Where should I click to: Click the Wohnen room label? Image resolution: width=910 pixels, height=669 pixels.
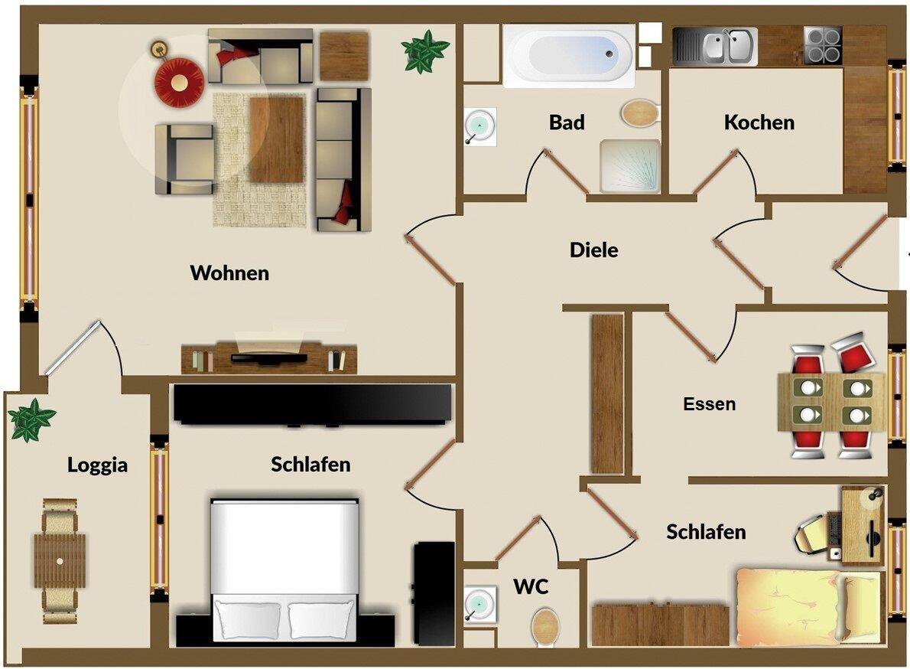(229, 273)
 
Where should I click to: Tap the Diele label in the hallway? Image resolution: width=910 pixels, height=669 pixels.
(593, 250)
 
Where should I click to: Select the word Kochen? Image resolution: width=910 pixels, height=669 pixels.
(759, 122)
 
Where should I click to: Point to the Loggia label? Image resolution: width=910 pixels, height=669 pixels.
(97, 465)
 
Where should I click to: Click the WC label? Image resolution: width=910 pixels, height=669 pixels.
(531, 587)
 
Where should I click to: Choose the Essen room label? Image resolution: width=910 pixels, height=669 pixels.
(709, 404)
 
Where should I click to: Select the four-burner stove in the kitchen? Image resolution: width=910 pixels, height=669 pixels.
(823, 45)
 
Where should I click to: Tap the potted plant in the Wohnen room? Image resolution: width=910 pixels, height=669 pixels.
(426, 51)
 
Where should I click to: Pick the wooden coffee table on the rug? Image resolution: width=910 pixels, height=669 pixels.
(277, 139)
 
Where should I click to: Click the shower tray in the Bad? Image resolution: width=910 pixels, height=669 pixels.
(629, 166)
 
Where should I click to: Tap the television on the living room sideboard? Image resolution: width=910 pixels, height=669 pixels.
(268, 356)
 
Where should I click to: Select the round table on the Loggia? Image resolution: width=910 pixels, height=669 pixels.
(59, 560)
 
